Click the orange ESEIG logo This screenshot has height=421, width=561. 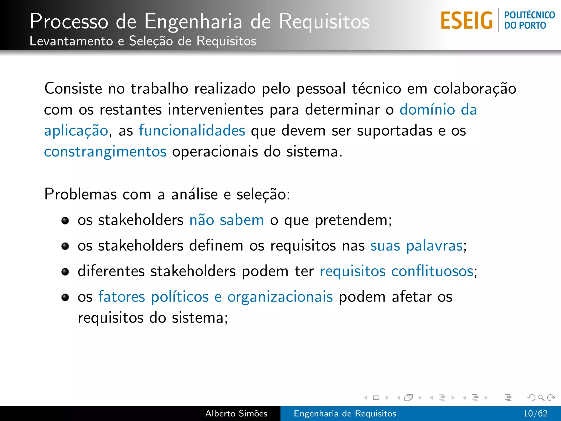click(466, 21)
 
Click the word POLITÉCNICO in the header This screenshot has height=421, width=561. click(529, 15)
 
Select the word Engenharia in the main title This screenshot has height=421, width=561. click(193, 21)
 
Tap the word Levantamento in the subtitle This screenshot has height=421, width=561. click(71, 41)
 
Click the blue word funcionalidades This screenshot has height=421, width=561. click(192, 130)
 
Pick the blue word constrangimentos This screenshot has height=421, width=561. click(105, 152)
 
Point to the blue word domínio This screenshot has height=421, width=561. click(427, 109)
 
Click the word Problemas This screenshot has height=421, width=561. click(81, 194)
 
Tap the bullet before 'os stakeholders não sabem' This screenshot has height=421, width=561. click(65, 221)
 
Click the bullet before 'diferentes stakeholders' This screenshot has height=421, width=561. click(65, 272)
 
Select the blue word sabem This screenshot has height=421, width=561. click(242, 220)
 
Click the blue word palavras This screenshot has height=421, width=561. click(434, 246)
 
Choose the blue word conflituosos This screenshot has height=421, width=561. click(432, 271)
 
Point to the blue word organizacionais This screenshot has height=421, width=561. click(280, 297)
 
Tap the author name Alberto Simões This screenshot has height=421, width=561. click(236, 413)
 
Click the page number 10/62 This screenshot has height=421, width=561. click(535, 413)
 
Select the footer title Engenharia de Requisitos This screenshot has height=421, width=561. click(345, 413)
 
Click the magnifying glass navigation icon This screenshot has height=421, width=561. click(541, 397)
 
